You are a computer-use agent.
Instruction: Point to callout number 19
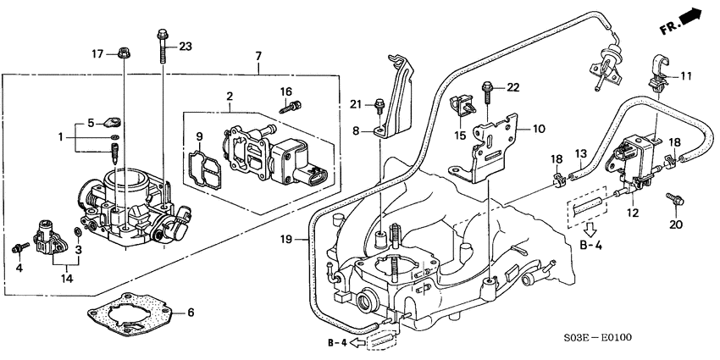coord(288,241)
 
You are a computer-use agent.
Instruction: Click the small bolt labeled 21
coord(379,106)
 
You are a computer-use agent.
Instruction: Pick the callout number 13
coord(581,153)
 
